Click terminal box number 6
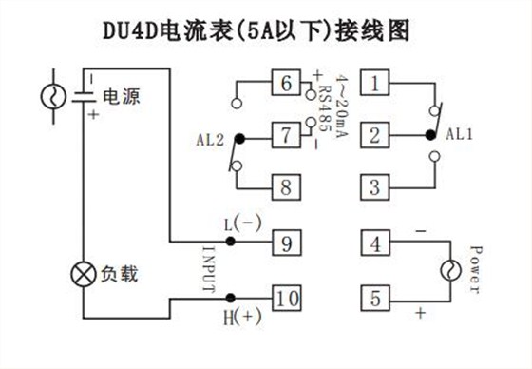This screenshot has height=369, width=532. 284,83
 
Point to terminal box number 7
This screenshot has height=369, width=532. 284,135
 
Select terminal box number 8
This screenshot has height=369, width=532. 284,185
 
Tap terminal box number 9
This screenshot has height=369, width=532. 286,243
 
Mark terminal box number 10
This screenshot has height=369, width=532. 286,299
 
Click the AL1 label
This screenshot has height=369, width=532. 458,134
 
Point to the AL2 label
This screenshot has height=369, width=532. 212,138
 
